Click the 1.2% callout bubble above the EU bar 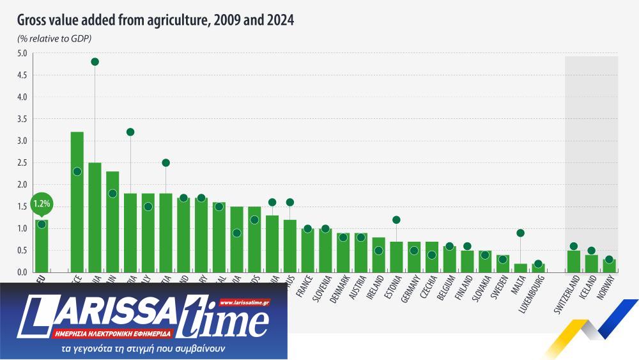[x=41, y=205]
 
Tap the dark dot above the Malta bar [x=521, y=233]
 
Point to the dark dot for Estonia [x=396, y=220]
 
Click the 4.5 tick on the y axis [x=22, y=75]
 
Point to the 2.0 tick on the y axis [x=22, y=185]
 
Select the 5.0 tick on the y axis [x=22, y=54]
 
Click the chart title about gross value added [x=155, y=20]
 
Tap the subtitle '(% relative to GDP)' [x=54, y=39]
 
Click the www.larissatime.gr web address [x=244, y=302]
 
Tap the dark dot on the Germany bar [x=414, y=251]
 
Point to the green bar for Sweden [x=503, y=263]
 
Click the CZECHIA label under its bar [x=430, y=286]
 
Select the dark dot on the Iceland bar [x=592, y=251]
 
